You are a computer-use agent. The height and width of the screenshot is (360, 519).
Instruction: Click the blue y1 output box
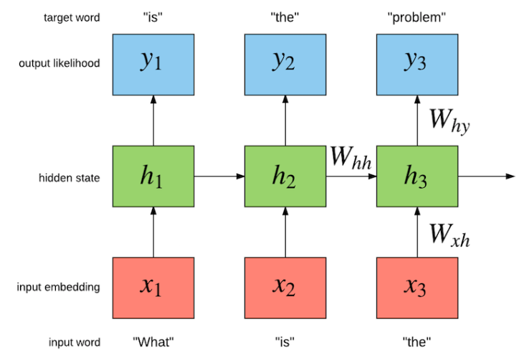click(153, 63)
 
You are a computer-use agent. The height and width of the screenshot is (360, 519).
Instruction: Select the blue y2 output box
click(285, 63)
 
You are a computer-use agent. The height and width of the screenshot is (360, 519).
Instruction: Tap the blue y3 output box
click(417, 63)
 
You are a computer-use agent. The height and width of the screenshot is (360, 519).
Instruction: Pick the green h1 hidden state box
click(153, 176)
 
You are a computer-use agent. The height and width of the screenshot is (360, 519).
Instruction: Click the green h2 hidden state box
click(285, 176)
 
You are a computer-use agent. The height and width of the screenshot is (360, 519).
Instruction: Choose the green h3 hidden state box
click(417, 176)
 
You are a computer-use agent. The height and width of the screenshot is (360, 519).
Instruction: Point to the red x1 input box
click(153, 287)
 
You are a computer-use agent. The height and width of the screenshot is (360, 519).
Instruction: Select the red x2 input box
click(285, 287)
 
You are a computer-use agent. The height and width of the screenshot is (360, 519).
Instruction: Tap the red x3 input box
click(417, 287)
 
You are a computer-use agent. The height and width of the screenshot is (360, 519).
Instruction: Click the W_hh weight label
click(351, 157)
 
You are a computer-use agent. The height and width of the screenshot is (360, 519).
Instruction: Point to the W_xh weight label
click(449, 233)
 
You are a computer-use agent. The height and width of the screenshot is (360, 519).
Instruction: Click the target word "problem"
click(417, 16)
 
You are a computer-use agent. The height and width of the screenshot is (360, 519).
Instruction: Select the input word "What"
click(153, 342)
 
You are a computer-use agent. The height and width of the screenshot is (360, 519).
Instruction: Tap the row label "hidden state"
click(70, 176)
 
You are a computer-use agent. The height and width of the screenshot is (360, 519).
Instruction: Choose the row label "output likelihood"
click(59, 64)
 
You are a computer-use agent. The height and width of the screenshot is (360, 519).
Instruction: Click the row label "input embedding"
click(59, 288)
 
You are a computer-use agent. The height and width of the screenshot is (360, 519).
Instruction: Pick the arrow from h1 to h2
click(219, 176)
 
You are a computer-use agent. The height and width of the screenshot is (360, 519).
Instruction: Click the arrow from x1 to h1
click(153, 231)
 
